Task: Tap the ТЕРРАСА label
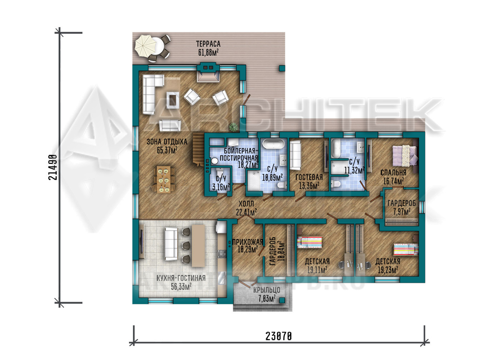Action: (x=208, y=44)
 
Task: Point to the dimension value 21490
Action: (x=53, y=167)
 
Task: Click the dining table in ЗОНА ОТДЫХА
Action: (x=164, y=179)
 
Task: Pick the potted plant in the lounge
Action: (x=233, y=127)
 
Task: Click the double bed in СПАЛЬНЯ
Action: (x=405, y=155)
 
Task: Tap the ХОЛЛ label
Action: (x=246, y=204)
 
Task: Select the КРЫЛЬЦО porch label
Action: (x=267, y=290)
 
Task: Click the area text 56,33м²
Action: (x=181, y=287)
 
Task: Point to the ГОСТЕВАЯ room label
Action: (x=309, y=177)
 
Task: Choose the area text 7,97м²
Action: (x=402, y=211)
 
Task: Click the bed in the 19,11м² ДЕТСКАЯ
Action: (x=310, y=243)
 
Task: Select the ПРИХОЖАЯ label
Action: (x=248, y=242)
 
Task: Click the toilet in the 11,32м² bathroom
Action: (x=336, y=184)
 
